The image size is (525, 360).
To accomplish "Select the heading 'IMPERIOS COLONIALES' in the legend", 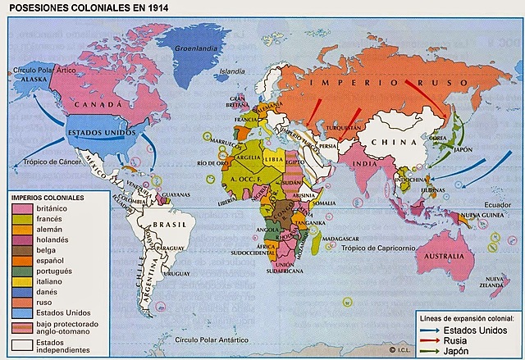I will coord(48,198).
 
